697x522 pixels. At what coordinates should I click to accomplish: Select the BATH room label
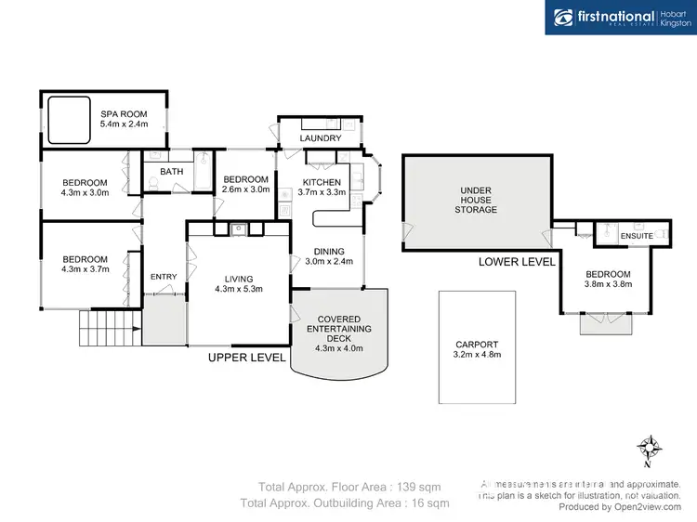click(x=171, y=172)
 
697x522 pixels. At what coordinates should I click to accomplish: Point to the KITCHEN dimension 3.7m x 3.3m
click(x=322, y=192)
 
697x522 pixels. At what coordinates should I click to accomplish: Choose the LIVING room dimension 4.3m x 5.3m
click(x=238, y=288)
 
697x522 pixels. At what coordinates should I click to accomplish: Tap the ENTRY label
click(x=164, y=276)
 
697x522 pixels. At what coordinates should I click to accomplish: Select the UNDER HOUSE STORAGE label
click(x=478, y=200)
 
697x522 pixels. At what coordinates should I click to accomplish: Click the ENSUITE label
click(x=635, y=236)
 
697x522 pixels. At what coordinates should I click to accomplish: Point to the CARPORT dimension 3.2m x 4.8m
click(x=476, y=355)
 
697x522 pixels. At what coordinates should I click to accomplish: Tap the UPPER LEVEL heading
click(x=246, y=357)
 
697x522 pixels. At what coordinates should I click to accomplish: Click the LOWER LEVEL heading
click(x=517, y=262)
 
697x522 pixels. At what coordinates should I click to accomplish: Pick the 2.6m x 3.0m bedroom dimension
click(x=246, y=189)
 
